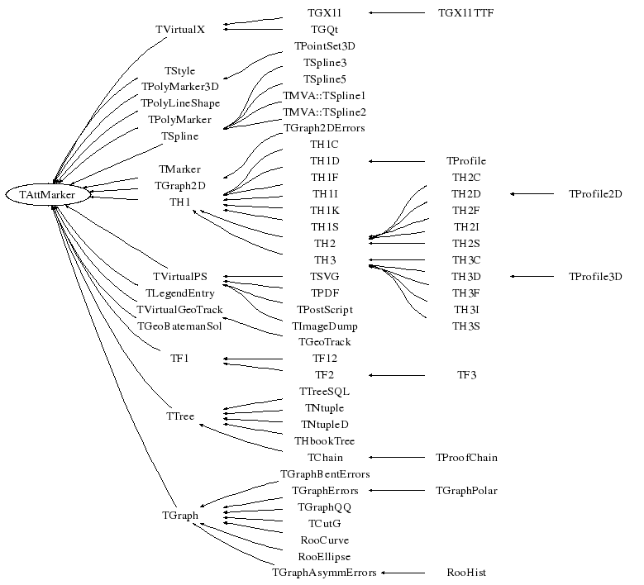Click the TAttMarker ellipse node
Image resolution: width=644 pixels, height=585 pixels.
(x=48, y=194)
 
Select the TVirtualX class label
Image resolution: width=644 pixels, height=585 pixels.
(x=179, y=29)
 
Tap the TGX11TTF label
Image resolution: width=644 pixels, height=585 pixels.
(x=466, y=13)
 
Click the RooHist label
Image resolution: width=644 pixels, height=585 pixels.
(x=466, y=572)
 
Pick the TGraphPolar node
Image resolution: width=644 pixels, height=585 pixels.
(x=466, y=490)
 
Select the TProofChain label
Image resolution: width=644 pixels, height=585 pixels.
(x=466, y=457)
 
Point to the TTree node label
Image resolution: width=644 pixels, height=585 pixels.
(x=179, y=416)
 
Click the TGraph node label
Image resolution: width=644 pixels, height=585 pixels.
(x=179, y=516)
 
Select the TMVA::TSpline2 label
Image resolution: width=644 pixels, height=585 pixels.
(x=324, y=112)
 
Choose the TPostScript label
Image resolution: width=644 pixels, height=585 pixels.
(x=324, y=309)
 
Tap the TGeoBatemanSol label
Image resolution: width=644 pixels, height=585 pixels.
(x=179, y=326)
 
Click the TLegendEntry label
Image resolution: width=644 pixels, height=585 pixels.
(x=179, y=293)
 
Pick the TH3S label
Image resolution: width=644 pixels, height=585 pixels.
(x=466, y=326)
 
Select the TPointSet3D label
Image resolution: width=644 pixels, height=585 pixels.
(x=324, y=45)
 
